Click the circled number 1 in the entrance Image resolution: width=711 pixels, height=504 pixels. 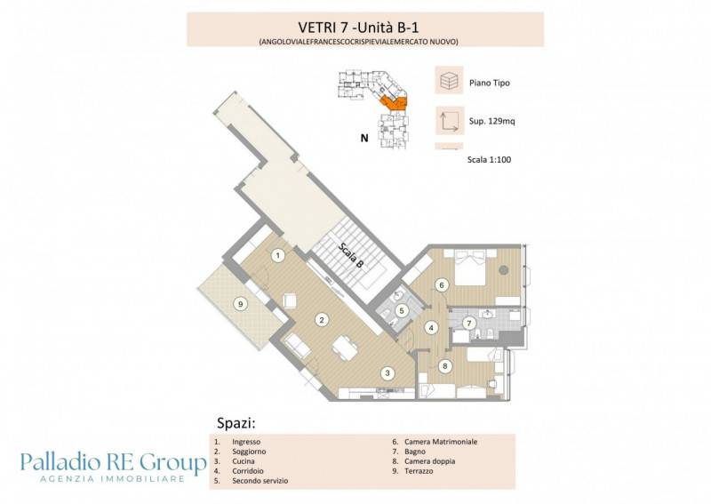click(278, 256)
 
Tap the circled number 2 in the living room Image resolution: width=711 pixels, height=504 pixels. click(322, 320)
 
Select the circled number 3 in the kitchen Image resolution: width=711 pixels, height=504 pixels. click(387, 373)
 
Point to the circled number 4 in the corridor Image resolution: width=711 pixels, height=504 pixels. click(431, 327)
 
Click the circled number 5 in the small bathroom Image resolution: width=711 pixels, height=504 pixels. click(402, 311)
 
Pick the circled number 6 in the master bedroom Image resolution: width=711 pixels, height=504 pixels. click(441, 285)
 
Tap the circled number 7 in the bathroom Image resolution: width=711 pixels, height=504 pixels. click(469, 324)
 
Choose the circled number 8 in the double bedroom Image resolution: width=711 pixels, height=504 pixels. click(445, 366)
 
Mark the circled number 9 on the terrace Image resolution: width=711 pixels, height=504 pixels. click(241, 304)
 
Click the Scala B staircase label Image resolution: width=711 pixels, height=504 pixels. click(351, 254)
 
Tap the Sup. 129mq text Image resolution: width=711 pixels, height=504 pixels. click(492, 122)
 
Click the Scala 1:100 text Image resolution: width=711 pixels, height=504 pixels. click(490, 160)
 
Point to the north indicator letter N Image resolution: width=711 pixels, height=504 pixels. click(364, 138)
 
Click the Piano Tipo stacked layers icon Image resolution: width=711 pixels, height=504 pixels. click(449, 80)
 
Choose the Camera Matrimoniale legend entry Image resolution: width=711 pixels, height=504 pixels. click(435, 442)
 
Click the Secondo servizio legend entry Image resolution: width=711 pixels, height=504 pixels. click(252, 481)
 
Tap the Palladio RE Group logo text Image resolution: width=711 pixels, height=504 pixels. click(114, 463)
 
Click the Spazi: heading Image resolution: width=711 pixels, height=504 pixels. click(236, 424)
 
